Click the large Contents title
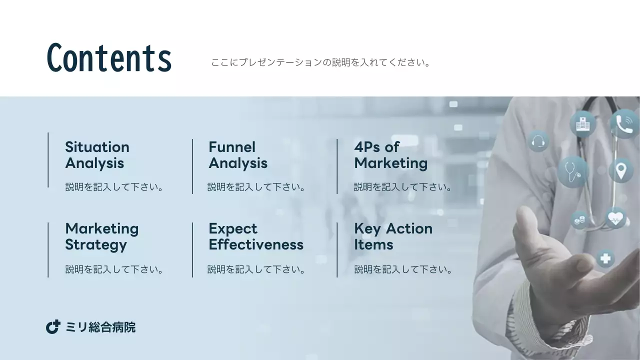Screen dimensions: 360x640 click(x=109, y=58)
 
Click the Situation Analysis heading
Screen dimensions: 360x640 click(x=97, y=155)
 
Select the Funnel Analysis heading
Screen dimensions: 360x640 click(x=237, y=155)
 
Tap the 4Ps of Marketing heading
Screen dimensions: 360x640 click(x=390, y=155)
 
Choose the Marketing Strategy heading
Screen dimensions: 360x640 click(x=101, y=236)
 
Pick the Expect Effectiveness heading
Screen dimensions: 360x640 click(x=255, y=236)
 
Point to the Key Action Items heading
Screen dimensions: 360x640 click(x=393, y=236)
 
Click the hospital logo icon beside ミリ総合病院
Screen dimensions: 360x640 click(x=53, y=327)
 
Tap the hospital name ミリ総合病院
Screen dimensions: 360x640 click(x=100, y=327)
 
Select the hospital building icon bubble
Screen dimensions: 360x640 click(x=582, y=123)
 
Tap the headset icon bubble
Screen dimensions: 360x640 click(x=538, y=141)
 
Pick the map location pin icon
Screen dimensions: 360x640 click(x=620, y=170)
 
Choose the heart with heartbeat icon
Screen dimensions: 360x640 click(x=615, y=218)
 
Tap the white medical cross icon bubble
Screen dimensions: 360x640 click(x=605, y=258)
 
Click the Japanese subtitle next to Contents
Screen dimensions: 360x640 click(x=320, y=63)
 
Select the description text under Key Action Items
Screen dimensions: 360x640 click(x=403, y=270)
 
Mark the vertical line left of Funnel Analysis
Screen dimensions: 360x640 click(x=192, y=166)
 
